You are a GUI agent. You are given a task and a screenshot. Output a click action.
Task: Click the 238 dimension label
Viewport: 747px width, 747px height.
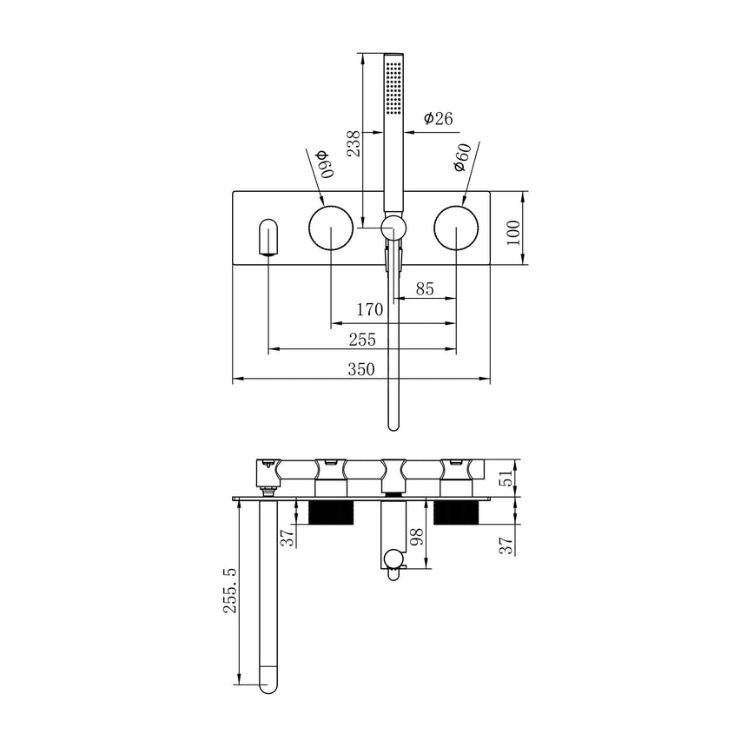pyautogui.click(x=353, y=142)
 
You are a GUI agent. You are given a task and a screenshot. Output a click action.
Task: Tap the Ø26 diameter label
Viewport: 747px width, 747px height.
pyautogui.click(x=440, y=119)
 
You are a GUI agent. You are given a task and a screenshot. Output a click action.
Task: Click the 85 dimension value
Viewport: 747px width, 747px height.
pyautogui.click(x=425, y=288)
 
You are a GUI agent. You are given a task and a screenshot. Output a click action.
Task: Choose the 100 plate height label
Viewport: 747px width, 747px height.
pyautogui.click(x=512, y=232)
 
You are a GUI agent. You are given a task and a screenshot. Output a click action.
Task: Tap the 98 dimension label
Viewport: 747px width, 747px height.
pyautogui.click(x=417, y=543)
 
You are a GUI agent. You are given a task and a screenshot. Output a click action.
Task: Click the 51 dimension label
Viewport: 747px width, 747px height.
pyautogui.click(x=505, y=478)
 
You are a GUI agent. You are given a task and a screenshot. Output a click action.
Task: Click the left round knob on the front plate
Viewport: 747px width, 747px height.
pyautogui.click(x=331, y=229)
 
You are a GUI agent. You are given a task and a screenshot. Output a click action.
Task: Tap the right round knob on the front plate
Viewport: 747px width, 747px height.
pyautogui.click(x=456, y=229)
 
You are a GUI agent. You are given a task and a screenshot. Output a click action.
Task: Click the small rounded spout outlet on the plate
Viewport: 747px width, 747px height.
pyautogui.click(x=268, y=237)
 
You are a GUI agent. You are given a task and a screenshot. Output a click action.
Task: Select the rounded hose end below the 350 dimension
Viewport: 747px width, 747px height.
pyautogui.click(x=393, y=422)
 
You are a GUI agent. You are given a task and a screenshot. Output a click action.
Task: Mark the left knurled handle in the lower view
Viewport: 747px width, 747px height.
pyautogui.click(x=330, y=512)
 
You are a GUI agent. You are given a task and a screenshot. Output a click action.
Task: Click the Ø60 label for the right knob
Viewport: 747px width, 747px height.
pyautogui.click(x=462, y=162)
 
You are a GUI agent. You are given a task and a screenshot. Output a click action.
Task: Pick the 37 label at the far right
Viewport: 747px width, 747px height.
pyautogui.click(x=505, y=543)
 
